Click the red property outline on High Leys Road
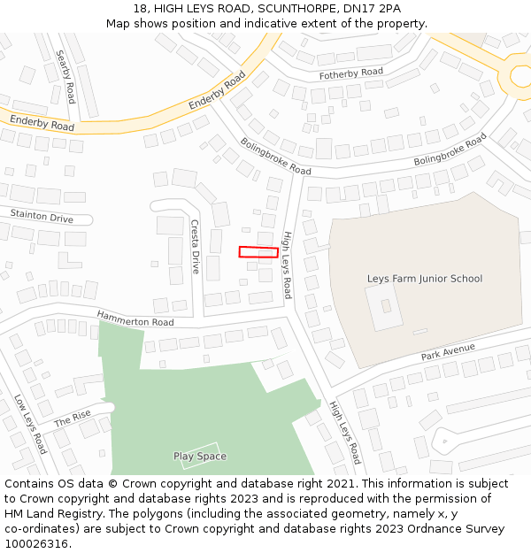point(258,252)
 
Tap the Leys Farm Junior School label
point(425,279)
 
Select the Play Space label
point(200,457)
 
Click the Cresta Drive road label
point(196,247)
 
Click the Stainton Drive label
point(42,216)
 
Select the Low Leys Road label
point(30,424)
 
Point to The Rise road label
point(73,419)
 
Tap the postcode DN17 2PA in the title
point(376,9)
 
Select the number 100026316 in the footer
point(37,544)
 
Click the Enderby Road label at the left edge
point(42,123)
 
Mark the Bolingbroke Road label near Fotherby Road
point(275,156)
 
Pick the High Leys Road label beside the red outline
point(287,265)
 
